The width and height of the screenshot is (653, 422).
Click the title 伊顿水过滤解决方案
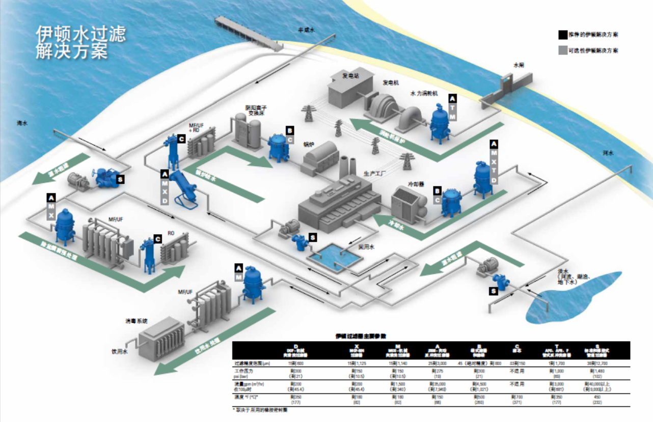tap(80, 42)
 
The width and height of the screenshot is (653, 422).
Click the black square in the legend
tap(562, 35)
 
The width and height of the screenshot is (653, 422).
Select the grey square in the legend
tap(562, 50)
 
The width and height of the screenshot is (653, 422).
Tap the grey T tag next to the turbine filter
tap(452, 107)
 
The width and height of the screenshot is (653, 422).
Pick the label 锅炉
tap(309, 145)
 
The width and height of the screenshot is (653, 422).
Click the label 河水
tap(608, 153)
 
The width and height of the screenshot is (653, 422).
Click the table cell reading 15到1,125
tap(353, 363)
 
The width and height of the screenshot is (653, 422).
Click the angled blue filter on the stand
tap(185, 187)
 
